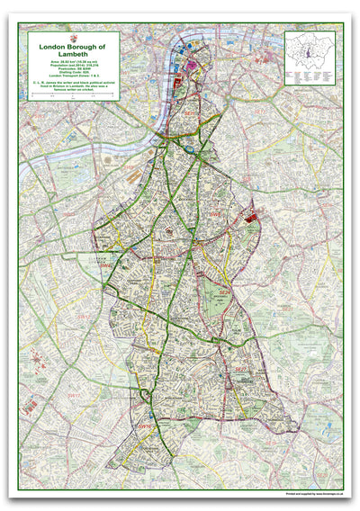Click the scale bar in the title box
pos(73,93)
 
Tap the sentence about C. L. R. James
pos(73,85)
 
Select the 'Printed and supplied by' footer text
pos(314,491)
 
